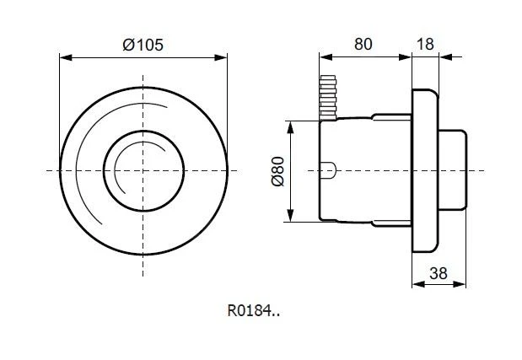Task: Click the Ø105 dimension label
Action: (143, 46)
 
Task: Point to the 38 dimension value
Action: (438, 273)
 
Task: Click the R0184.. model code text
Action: (253, 310)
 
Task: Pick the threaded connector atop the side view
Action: (328, 94)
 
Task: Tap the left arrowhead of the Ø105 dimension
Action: (63, 57)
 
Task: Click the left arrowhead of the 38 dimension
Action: (414, 285)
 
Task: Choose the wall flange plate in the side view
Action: (424, 171)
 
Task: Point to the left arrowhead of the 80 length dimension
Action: (323, 57)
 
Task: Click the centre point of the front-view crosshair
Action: (143, 171)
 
